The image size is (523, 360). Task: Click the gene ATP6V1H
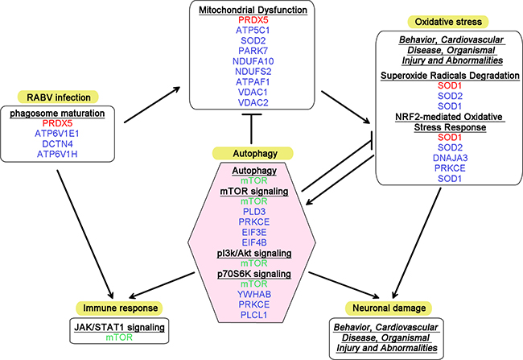51,151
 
